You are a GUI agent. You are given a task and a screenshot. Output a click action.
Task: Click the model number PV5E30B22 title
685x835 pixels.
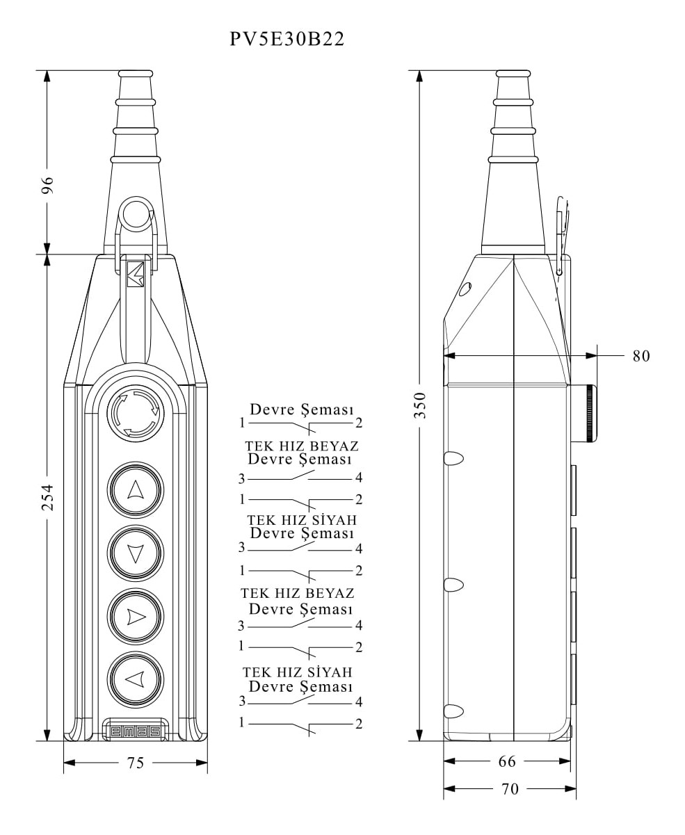tap(287, 40)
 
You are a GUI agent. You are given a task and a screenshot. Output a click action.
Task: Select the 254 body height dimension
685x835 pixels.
tap(47, 498)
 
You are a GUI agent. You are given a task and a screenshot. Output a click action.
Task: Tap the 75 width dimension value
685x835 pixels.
tap(136, 763)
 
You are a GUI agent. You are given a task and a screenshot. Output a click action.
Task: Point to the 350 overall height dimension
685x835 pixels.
tap(420, 405)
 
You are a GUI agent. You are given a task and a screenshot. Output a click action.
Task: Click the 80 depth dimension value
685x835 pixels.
tap(640, 356)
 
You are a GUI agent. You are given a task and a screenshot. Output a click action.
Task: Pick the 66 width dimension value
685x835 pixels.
tap(507, 761)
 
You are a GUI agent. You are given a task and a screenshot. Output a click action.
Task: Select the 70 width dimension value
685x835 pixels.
tap(510, 789)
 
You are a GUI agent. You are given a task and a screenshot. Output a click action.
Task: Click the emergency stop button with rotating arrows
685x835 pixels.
tap(135, 413)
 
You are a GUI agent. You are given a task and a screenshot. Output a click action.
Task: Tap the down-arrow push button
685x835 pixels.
tap(135, 553)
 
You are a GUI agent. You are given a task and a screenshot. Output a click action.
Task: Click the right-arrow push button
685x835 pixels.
tap(135, 616)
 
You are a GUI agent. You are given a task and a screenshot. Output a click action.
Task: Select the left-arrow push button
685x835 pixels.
tap(135, 679)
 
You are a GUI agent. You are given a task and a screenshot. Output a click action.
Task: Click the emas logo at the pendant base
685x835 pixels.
tap(136, 731)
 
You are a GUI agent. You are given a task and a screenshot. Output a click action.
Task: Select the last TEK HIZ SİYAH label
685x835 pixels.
tap(298, 672)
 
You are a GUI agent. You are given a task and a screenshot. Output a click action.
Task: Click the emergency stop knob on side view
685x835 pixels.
tap(588, 413)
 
